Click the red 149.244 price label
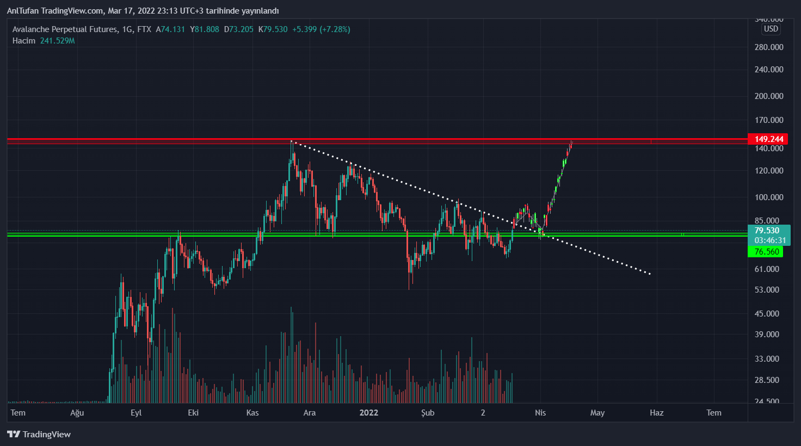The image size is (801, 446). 768,139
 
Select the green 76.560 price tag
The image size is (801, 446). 766,251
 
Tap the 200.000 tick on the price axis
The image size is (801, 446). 768,96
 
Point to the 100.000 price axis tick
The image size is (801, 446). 768,197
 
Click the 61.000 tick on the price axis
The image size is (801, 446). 766,269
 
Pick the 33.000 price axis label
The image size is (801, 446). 766,358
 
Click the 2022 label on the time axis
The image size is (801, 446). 368,412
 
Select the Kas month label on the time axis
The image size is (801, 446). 252,412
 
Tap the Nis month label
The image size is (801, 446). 540,412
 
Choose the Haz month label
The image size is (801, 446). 656,412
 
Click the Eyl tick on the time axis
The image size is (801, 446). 136,412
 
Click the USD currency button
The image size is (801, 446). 771,29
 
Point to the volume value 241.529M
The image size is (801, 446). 57,41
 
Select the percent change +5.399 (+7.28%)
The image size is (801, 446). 321,29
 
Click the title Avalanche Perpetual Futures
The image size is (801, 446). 65,29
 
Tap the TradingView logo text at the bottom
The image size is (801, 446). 46,434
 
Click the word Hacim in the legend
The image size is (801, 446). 24,41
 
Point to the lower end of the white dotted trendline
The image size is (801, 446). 650,274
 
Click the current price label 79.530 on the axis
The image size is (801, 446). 766,231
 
